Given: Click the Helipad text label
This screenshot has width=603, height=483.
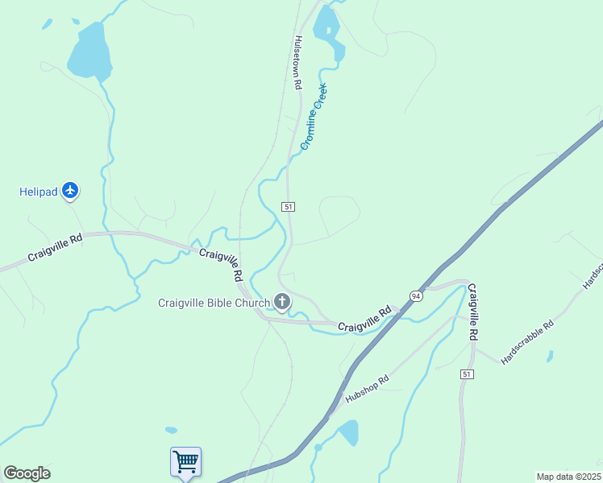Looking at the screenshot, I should [x=38, y=192].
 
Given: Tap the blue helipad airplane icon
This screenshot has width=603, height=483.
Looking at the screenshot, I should [x=70, y=191].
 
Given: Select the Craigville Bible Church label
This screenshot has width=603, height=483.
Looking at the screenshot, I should [x=214, y=302].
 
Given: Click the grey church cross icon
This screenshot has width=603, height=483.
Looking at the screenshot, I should [x=281, y=302].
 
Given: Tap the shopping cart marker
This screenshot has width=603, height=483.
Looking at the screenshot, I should [x=185, y=462].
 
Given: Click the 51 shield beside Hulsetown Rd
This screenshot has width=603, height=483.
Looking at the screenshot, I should [x=288, y=207].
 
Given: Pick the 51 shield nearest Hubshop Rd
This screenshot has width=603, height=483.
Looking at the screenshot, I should [x=467, y=374].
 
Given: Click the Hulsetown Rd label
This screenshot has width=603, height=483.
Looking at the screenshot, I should [x=297, y=62].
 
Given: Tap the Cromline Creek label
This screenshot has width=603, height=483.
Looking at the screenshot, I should [x=314, y=117].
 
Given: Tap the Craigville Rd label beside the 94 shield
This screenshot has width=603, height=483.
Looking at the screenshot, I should [x=364, y=317].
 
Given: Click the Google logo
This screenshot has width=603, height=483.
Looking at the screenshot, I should [x=27, y=473].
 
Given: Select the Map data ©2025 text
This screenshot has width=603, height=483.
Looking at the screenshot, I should [x=568, y=477].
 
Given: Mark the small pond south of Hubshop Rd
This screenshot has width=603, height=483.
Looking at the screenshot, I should [x=349, y=432].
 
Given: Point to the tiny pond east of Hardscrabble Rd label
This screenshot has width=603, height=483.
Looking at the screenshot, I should [x=550, y=355].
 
